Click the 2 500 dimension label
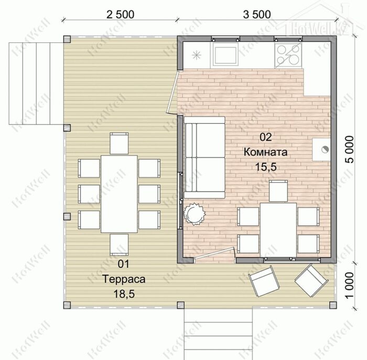tap(120, 15)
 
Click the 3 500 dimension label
tap(257, 15)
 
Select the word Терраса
tap(124, 279)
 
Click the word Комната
tap(266, 152)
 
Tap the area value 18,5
tap(124, 294)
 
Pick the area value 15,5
tap(266, 167)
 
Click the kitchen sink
tap(224, 56)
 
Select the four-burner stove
tap(288, 55)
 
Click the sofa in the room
tap(204, 158)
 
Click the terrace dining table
tap(119, 194)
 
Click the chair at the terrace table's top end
tap(119, 144)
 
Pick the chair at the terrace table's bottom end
tap(119, 245)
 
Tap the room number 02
tap(266, 137)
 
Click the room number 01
tap(123, 264)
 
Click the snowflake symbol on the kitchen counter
tap(197, 56)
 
